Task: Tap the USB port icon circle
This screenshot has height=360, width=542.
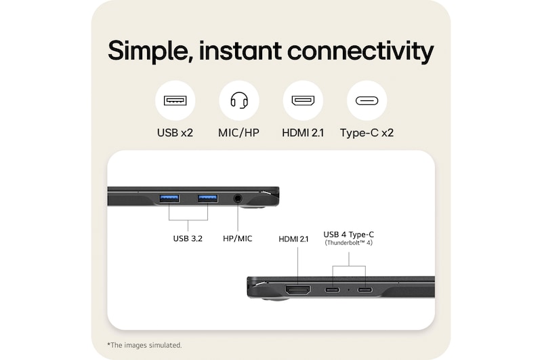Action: (175, 101)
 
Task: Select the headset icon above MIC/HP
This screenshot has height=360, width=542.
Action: (238, 101)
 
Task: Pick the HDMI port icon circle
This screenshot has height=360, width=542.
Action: (302, 101)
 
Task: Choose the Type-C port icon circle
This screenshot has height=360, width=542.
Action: (367, 101)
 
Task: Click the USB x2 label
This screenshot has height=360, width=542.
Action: (175, 133)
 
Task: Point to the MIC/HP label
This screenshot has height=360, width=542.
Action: (238, 133)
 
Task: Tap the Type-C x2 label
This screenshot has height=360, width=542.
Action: (367, 133)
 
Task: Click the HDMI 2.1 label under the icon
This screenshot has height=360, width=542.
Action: (302, 133)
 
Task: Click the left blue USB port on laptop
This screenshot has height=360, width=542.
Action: (169, 198)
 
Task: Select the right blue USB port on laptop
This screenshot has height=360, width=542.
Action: (207, 198)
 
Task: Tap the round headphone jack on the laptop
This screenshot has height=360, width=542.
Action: (238, 198)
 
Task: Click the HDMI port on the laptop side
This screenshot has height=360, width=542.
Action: (298, 290)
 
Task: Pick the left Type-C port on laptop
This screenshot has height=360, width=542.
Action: (333, 290)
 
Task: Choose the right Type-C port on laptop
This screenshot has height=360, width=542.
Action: (365, 290)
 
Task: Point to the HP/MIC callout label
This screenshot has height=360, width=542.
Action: (237, 239)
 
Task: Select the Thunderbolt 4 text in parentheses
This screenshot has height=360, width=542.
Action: (349, 243)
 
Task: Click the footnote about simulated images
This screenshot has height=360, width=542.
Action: (144, 345)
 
